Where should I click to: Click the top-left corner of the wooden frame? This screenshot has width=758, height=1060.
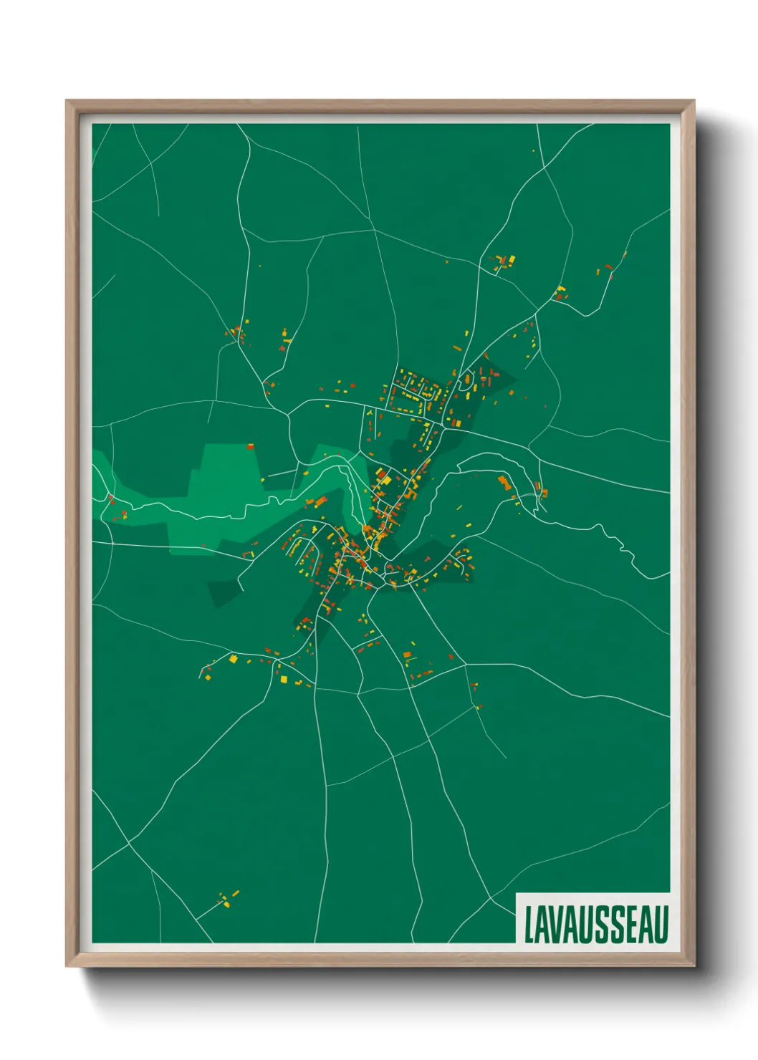pyautogui.click(x=67, y=102)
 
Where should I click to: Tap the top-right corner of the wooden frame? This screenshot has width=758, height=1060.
pyautogui.click(x=693, y=102)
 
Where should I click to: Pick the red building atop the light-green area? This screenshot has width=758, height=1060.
pyautogui.click(x=251, y=447)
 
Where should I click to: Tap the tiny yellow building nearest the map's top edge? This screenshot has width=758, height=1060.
pyautogui.click(x=534, y=150)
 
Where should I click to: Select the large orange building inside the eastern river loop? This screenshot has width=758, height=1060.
pyautogui.click(x=504, y=482)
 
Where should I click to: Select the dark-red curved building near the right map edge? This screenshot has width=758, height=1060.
pyautogui.click(x=610, y=268)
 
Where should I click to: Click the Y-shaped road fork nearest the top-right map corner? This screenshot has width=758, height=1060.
pyautogui.click(x=546, y=168)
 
